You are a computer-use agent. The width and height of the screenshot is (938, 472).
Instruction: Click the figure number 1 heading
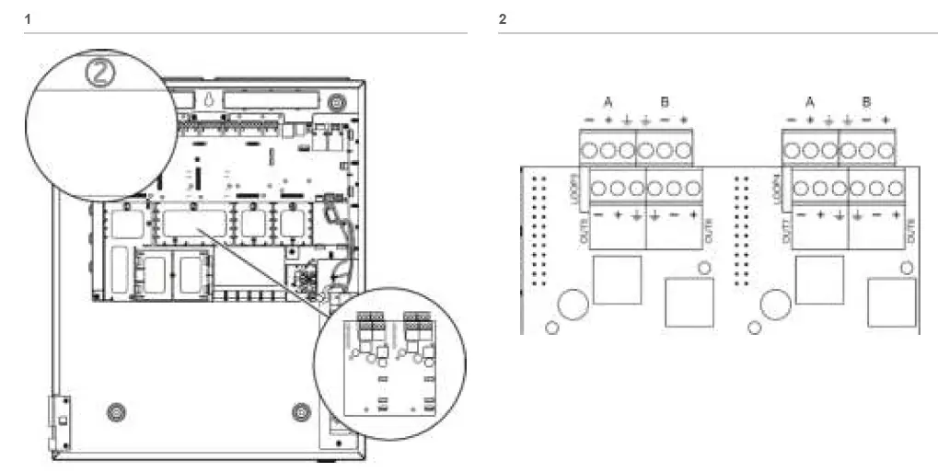(x=28, y=18)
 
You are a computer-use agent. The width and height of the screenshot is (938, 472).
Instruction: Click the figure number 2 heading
(x=502, y=18)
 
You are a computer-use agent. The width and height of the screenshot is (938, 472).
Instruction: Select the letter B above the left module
(x=665, y=102)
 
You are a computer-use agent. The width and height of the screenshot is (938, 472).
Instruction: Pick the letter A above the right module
(x=810, y=102)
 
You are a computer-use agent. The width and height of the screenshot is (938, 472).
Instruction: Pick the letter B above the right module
(x=867, y=102)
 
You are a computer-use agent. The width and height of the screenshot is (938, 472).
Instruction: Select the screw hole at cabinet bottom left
(x=114, y=409)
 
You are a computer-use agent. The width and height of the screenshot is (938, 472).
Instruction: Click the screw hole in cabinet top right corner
(x=340, y=99)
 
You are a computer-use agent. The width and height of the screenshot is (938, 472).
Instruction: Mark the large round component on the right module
(x=775, y=303)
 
